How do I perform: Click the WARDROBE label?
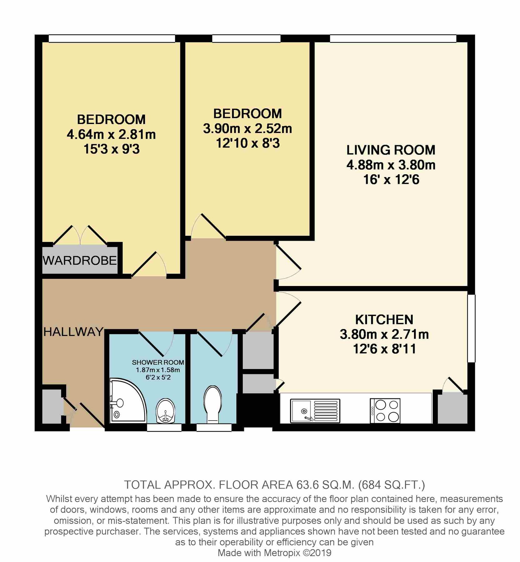[80, 260]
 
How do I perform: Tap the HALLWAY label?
[73, 332]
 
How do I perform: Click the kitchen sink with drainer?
[315, 411]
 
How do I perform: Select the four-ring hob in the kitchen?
[385, 411]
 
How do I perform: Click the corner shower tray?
[125, 401]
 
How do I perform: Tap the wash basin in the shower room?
[166, 412]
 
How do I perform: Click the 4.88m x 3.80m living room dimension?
[391, 165]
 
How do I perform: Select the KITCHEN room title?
[384, 319]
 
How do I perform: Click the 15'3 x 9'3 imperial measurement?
[111, 149]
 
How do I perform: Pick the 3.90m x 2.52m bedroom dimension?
[247, 129]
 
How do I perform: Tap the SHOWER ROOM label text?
[158, 362]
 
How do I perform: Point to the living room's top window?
[393, 38]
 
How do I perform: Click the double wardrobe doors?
[81, 235]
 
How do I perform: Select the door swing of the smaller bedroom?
[206, 227]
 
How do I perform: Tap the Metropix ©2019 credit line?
[274, 553]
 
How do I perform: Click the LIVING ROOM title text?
[391, 150]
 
